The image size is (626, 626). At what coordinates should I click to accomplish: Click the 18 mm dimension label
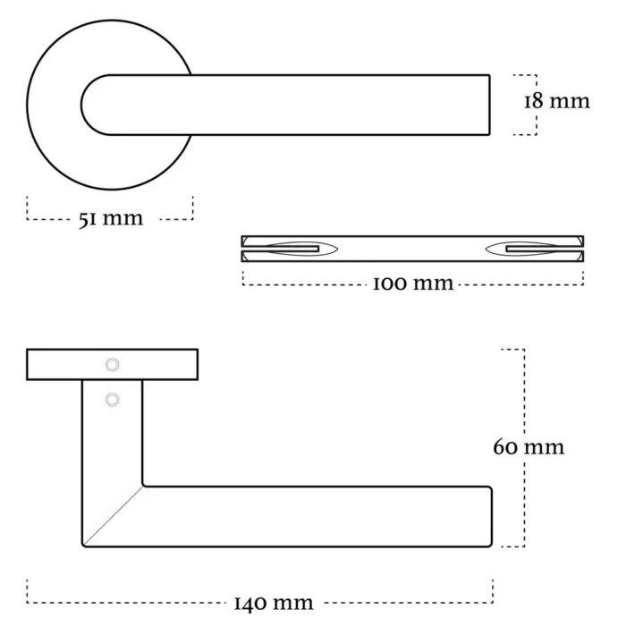coord(556,101)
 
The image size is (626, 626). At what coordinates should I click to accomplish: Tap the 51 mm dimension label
coord(111,219)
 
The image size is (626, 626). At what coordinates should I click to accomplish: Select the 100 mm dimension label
coord(413,283)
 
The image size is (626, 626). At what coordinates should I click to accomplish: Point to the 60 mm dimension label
coord(529,447)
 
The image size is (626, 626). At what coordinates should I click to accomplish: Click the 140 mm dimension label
coord(274,604)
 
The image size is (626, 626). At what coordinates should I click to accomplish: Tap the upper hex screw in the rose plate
coord(112,365)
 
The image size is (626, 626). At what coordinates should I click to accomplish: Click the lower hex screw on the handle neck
coord(112,400)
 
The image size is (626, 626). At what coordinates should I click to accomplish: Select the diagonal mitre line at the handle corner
coord(114,516)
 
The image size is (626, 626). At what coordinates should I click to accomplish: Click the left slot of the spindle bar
coord(292,250)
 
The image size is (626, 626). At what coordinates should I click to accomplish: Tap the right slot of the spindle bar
coord(532,250)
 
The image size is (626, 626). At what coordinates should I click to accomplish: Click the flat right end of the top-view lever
coord(489,105)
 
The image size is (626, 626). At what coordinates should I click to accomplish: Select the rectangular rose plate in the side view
coord(112,365)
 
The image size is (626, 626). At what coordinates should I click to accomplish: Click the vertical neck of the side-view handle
coord(112,433)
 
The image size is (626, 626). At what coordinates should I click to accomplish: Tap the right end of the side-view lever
coord(492,516)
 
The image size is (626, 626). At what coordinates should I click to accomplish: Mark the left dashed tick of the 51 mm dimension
coord(27,207)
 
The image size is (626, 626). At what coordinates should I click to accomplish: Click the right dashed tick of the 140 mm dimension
coord(493,591)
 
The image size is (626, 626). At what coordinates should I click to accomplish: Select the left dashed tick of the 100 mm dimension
coord(242,278)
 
